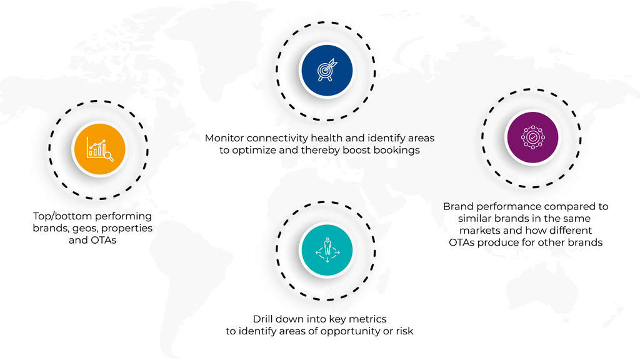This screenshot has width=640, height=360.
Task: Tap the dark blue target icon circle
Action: (326, 70)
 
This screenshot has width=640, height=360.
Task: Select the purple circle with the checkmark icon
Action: (532, 137)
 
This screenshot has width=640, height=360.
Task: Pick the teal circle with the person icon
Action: (326, 250)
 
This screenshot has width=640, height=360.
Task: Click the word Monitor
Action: (224, 138)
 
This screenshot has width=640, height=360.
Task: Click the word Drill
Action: (262, 319)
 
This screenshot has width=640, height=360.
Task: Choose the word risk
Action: (404, 331)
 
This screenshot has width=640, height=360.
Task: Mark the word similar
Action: (474, 218)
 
